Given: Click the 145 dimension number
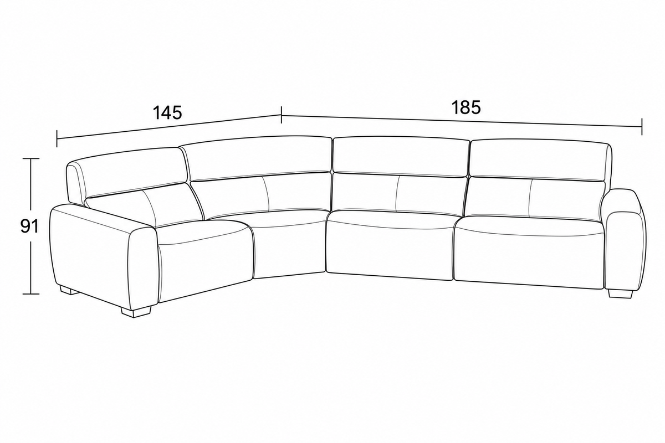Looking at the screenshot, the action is [x=167, y=113].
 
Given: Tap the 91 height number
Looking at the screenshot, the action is [x=29, y=226].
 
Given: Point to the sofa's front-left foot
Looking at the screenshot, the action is [x=136, y=312].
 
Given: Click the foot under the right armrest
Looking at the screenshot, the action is [x=620, y=293].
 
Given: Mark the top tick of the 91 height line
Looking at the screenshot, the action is [x=31, y=158].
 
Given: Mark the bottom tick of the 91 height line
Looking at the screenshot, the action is [x=31, y=294].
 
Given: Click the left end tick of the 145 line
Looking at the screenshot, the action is [x=57, y=138].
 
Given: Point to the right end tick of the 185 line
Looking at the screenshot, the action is [x=642, y=126].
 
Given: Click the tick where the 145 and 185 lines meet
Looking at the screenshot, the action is [x=281, y=115].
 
